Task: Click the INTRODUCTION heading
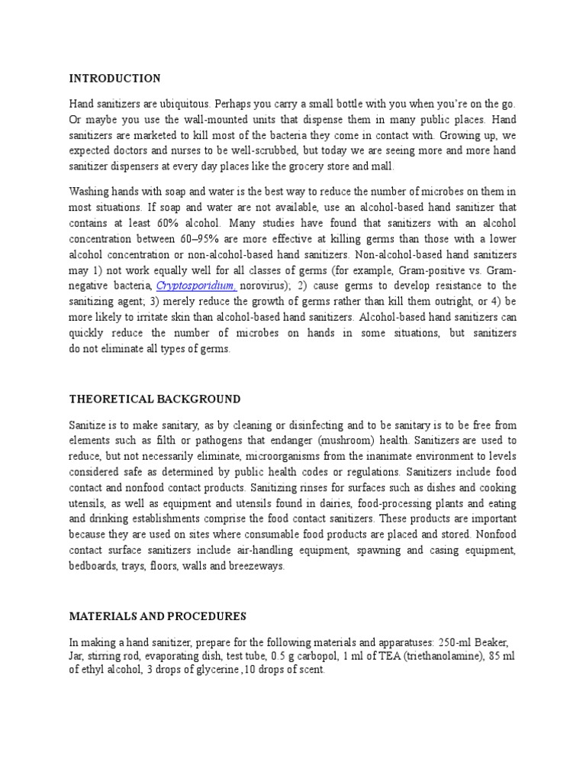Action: coord(115,79)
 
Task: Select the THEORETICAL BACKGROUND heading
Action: coord(155,399)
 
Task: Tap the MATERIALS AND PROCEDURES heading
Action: coord(158,616)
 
